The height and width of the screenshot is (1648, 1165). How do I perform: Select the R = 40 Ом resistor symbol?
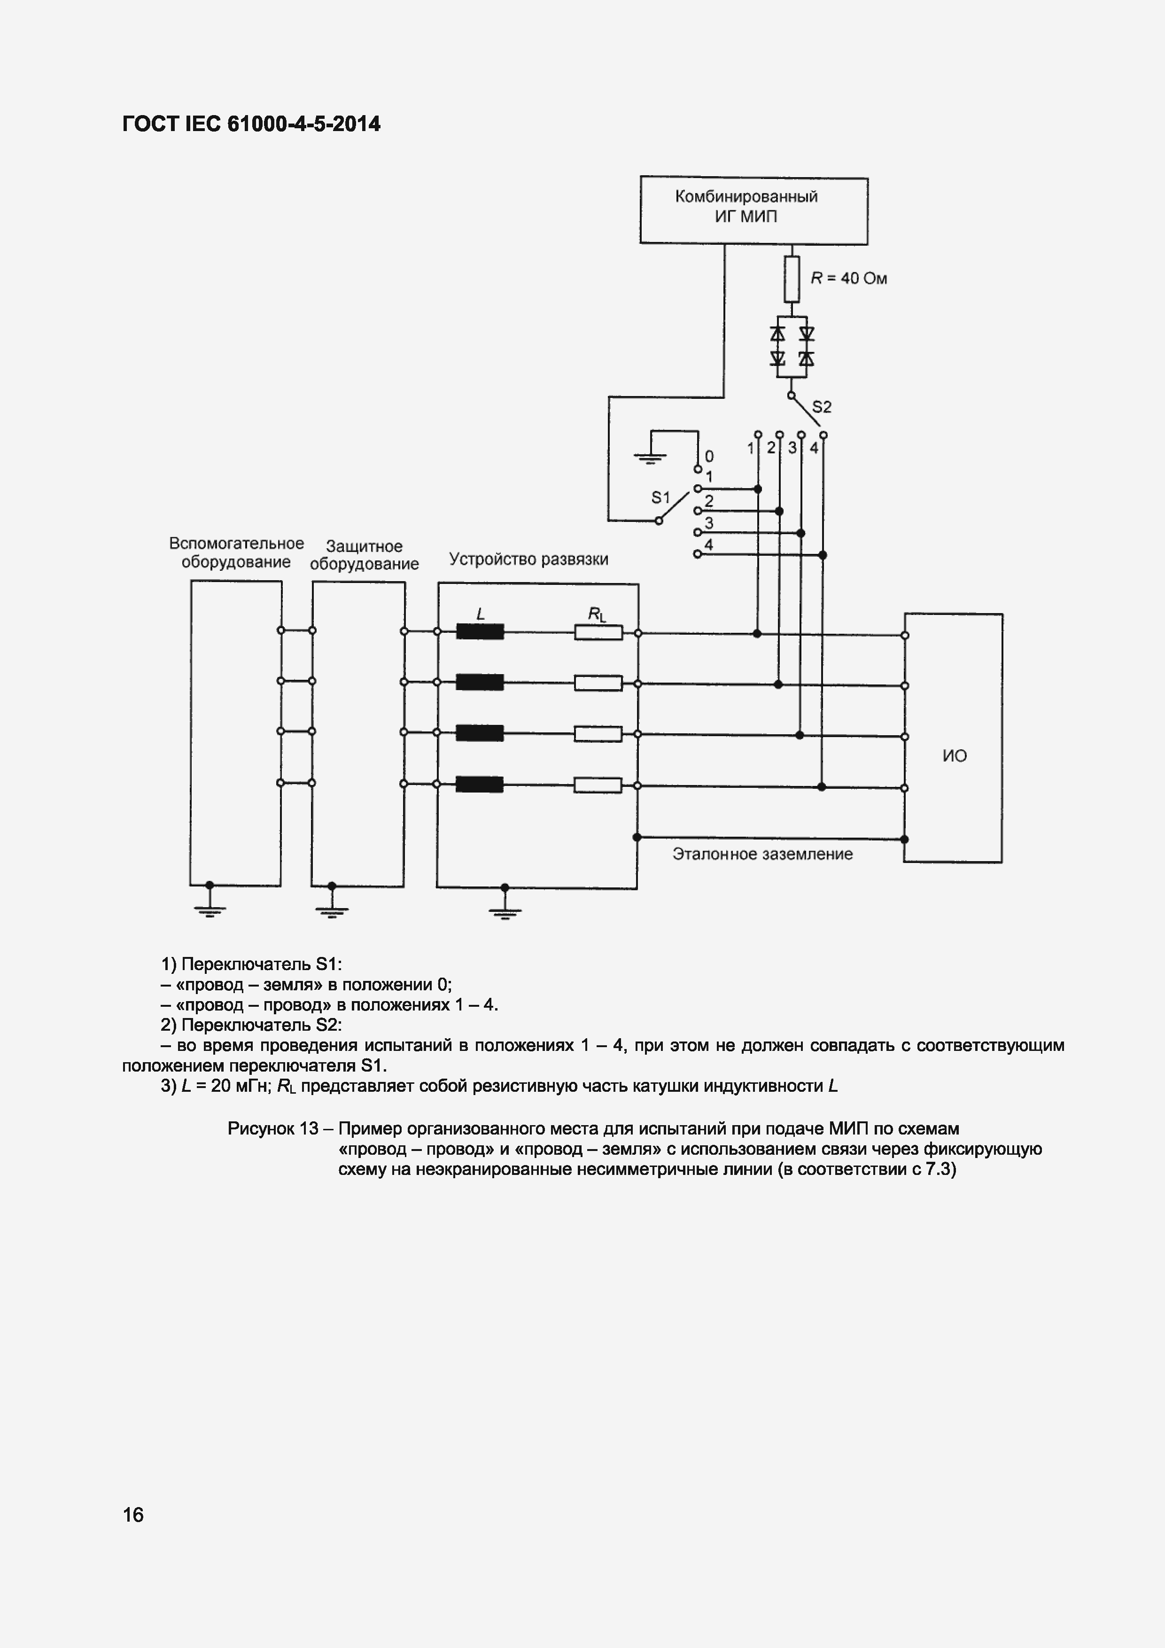click(791, 279)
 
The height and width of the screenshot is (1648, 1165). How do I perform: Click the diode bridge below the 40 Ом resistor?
click(791, 346)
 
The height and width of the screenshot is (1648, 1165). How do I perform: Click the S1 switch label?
click(660, 498)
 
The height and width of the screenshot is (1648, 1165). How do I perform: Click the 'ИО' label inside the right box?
click(954, 756)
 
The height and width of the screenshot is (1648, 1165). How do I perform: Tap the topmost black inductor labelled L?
click(480, 632)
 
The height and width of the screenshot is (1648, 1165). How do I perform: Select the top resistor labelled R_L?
click(598, 632)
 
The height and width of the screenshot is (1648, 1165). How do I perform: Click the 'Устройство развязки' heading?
click(528, 559)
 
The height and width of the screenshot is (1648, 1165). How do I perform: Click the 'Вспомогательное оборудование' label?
click(236, 552)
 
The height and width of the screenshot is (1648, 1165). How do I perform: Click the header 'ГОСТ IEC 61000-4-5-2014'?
click(251, 124)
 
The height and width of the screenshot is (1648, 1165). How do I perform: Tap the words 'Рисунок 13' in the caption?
click(273, 1128)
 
